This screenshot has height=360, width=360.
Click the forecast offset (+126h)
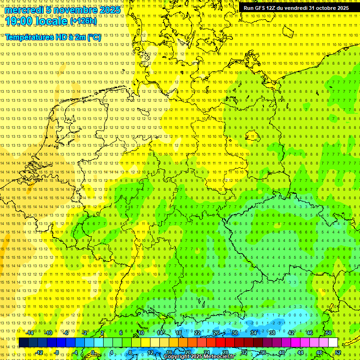click(83, 21)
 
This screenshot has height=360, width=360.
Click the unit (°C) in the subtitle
click(93, 37)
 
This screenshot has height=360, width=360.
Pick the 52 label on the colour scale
click(338, 352)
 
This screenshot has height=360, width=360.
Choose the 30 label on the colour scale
click(234, 333)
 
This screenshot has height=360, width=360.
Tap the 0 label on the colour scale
click(93, 352)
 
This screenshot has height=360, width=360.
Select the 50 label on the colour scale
click(329, 333)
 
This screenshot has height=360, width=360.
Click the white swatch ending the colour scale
click(333, 342)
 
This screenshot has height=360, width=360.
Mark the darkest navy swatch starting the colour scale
click(23, 342)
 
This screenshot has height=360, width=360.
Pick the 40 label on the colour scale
click(281, 352)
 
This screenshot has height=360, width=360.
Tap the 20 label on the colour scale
click(187, 352)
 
